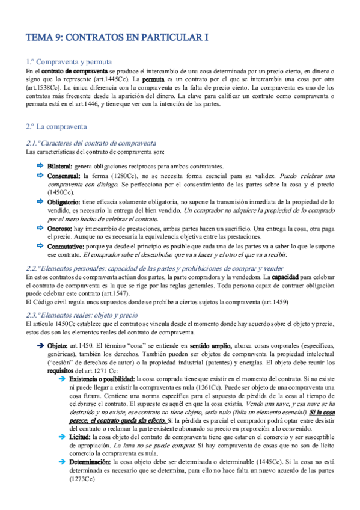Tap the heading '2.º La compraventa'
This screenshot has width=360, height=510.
[56, 127]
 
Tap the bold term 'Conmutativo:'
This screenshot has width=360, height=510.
[67, 247]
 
